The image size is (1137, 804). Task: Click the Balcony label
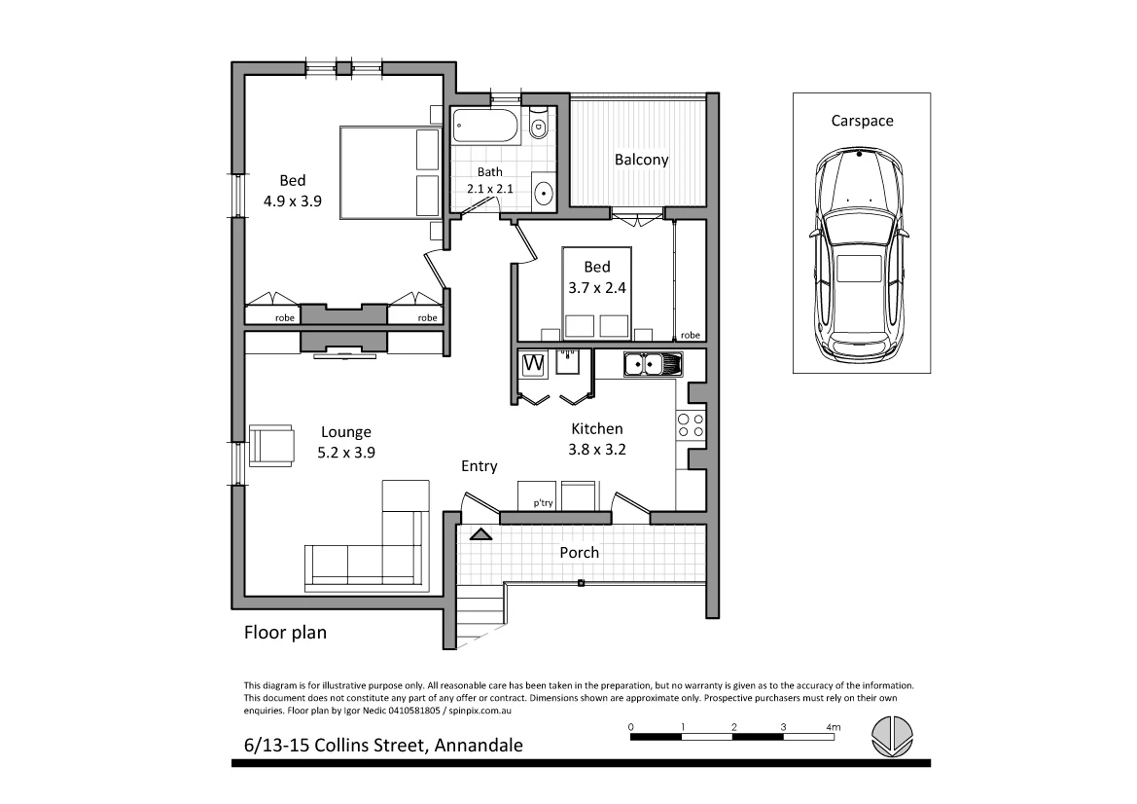click(x=641, y=160)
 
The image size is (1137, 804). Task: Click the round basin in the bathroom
click(x=543, y=191)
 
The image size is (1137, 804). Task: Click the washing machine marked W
click(x=533, y=364)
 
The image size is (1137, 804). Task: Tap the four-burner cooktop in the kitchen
click(x=690, y=424)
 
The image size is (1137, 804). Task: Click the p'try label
click(x=542, y=502)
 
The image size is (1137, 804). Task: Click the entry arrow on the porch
click(x=480, y=533)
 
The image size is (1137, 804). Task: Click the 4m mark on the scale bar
click(x=832, y=727)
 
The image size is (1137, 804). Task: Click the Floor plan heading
click(x=284, y=633)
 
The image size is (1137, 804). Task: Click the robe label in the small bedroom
click(x=690, y=335)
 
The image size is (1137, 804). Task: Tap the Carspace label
click(x=862, y=121)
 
